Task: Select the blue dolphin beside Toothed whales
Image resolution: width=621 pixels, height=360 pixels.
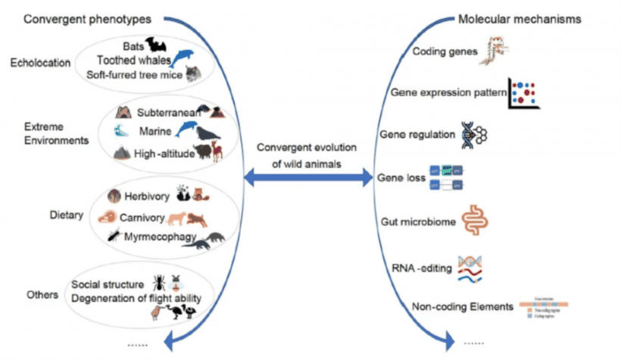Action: point(183,58)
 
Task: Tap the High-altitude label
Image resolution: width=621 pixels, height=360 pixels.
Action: point(164,152)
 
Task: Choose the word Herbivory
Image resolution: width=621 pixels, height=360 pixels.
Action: point(148,196)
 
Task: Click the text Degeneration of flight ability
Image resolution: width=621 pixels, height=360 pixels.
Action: point(137,299)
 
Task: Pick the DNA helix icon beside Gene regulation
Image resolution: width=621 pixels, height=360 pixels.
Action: point(473,134)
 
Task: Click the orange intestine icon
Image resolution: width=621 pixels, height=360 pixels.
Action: point(474,219)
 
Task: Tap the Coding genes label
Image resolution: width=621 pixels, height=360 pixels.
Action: point(445,51)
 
